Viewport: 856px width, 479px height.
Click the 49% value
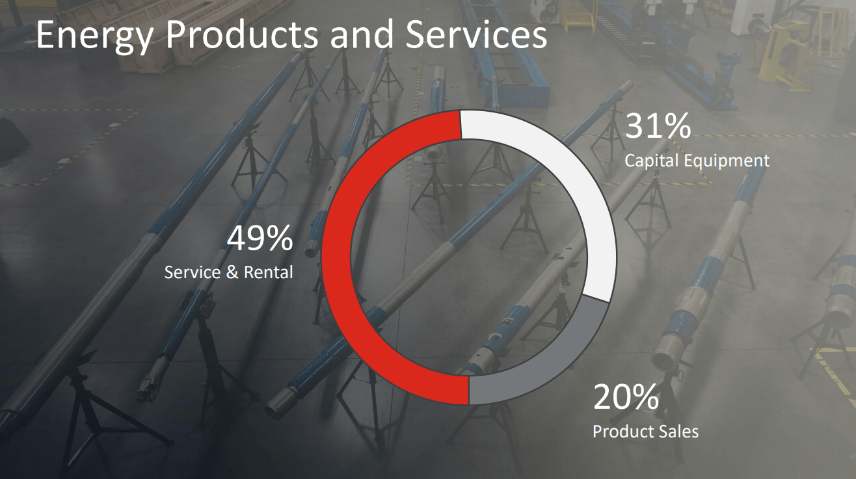coord(260,239)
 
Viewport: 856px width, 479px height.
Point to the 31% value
coord(658,126)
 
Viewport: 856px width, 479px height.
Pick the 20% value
coord(625,397)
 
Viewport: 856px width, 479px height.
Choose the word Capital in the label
coord(651,161)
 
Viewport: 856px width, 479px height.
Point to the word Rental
coord(268,272)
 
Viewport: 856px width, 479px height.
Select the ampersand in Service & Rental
coord(232,272)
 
